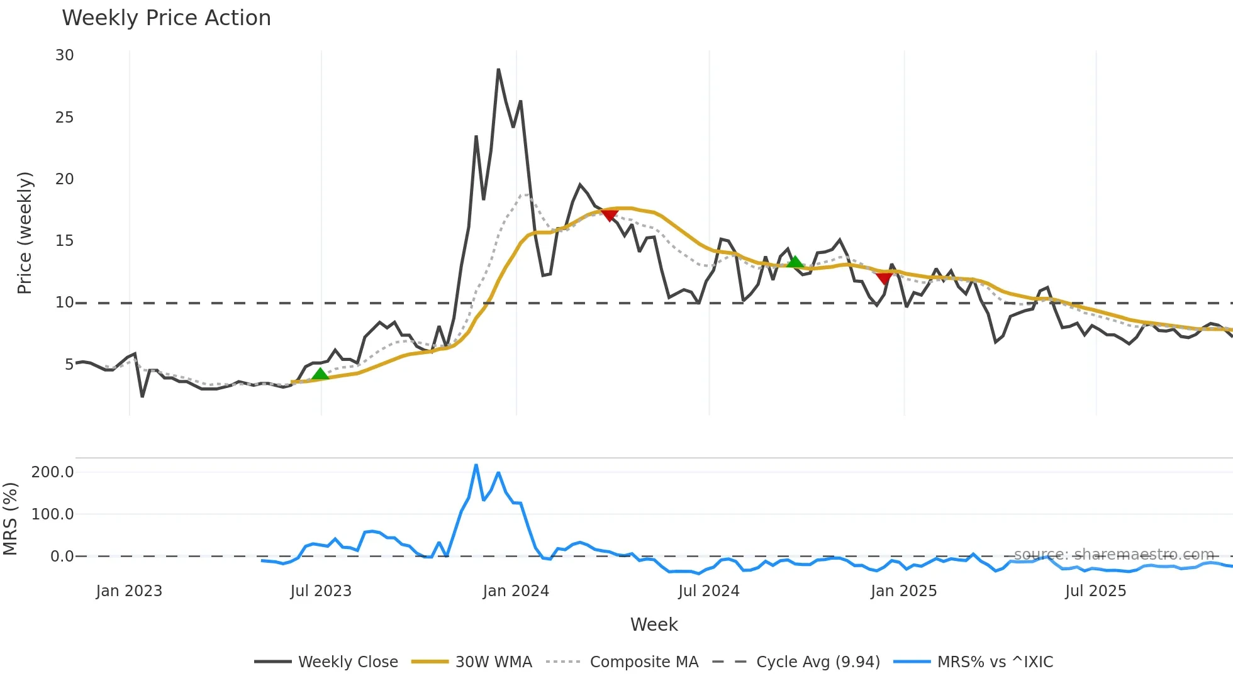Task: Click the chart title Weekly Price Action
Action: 166,18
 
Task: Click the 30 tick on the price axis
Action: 64,55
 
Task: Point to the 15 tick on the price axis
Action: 64,241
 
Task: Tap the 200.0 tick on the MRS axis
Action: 53,472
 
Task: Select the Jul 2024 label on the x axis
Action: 708,591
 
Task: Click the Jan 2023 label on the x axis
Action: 129,591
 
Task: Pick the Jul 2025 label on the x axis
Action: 1095,591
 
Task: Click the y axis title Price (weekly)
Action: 25,233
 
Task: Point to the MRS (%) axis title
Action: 10,519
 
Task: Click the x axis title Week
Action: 654,624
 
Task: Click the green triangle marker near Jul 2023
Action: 320,374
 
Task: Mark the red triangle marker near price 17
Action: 609,216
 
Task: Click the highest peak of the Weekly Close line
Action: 498,69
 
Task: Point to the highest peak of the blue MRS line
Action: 476,465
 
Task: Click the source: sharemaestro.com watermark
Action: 1113,555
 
